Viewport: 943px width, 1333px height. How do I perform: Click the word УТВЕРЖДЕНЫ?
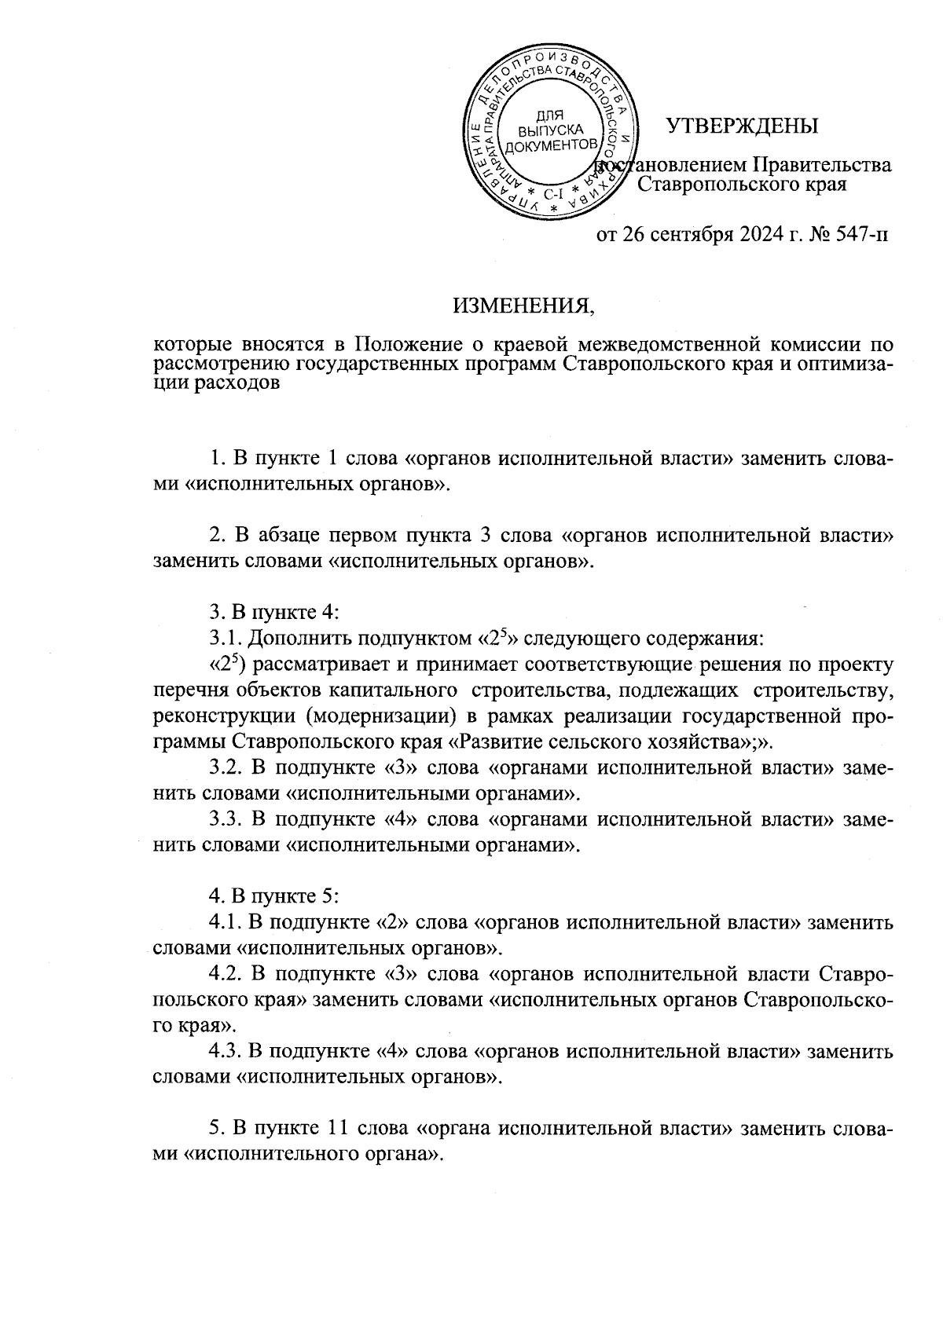[x=742, y=126]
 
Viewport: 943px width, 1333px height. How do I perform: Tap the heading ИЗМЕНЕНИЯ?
[x=523, y=306]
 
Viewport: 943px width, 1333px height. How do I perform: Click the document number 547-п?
[x=858, y=235]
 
